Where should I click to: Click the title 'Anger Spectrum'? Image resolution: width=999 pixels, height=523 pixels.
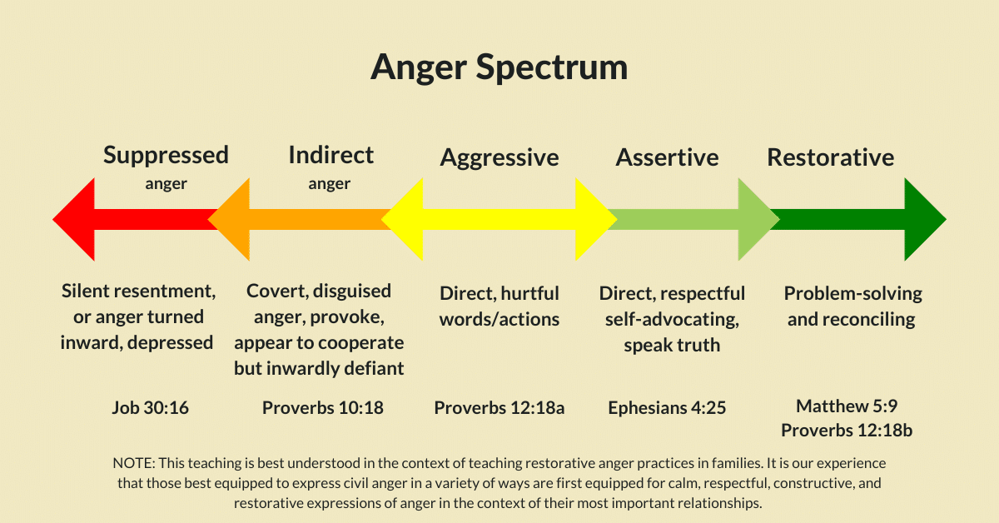(499, 67)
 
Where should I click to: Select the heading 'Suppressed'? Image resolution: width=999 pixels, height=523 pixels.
(166, 155)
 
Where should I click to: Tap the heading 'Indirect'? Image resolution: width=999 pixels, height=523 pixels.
(331, 155)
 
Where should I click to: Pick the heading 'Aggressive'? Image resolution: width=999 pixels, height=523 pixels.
(499, 158)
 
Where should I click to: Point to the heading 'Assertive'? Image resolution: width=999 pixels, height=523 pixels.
(667, 157)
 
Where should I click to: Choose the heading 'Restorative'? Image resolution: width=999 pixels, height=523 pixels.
(831, 157)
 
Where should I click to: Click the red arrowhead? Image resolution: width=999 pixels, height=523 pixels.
(73, 220)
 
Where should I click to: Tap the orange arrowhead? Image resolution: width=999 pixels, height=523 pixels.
(229, 220)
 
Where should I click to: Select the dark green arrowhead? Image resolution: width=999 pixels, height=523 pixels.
(926, 220)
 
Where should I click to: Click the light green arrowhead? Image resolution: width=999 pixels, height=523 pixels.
(758, 220)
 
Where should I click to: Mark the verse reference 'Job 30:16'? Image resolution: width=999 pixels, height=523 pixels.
(151, 408)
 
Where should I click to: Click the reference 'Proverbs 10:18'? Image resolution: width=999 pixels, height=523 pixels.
(323, 408)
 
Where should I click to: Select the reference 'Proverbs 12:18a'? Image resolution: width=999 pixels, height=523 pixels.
(499, 408)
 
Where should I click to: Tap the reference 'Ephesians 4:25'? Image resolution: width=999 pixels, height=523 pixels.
(667, 408)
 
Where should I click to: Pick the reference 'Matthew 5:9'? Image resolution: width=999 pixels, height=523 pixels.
(847, 406)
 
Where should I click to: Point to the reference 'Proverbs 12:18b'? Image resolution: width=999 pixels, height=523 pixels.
(847, 431)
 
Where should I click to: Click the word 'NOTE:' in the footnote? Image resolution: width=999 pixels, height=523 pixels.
(134, 463)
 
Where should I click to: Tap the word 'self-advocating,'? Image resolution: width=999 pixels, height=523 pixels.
(672, 320)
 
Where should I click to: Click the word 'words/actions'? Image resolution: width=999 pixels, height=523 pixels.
(499, 320)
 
